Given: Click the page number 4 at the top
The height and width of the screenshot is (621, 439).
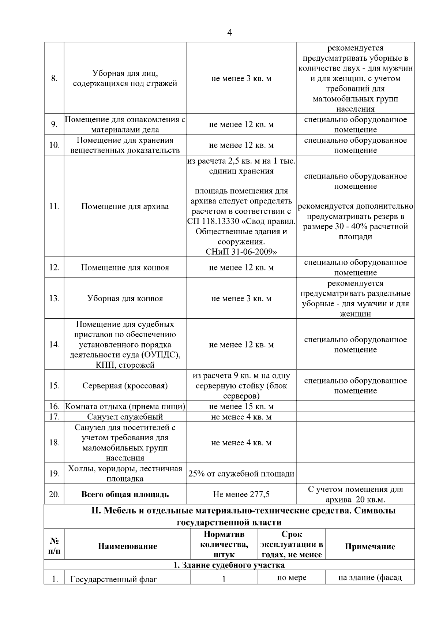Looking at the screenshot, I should tap(229, 33).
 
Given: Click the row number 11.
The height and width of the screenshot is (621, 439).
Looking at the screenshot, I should tap(54, 206).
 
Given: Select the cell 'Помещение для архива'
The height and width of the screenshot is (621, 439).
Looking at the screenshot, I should tap(125, 206).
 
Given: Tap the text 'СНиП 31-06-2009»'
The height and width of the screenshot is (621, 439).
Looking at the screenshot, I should tap(241, 252).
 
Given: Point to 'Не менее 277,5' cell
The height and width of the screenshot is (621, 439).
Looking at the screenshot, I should tap(241, 494).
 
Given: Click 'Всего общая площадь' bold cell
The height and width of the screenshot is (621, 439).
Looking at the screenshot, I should tap(125, 494).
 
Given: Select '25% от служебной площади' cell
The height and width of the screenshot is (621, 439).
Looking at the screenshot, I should tap(241, 474).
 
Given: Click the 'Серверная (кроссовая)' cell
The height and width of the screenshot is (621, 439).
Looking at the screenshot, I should tap(125, 386).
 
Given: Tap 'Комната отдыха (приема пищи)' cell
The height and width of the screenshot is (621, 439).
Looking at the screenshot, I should tap(125, 407).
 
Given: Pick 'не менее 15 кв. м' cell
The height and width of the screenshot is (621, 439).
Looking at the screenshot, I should tap(241, 407).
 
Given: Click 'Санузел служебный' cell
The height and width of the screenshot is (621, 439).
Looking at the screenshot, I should tap(125, 417).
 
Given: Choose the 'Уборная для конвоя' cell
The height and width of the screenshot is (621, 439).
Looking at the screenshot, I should tap(125, 298).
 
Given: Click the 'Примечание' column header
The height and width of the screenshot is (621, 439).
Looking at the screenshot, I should tap(370, 547).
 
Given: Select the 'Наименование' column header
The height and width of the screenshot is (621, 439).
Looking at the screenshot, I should tap(127, 546).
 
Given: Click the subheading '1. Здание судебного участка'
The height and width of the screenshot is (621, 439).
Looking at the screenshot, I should tap(229, 565).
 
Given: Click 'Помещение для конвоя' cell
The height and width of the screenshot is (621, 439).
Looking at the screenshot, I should tap(125, 268).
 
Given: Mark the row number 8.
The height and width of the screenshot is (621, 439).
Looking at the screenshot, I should tap(54, 78).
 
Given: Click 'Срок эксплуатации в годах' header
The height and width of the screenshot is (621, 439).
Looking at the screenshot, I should tap(292, 545).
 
